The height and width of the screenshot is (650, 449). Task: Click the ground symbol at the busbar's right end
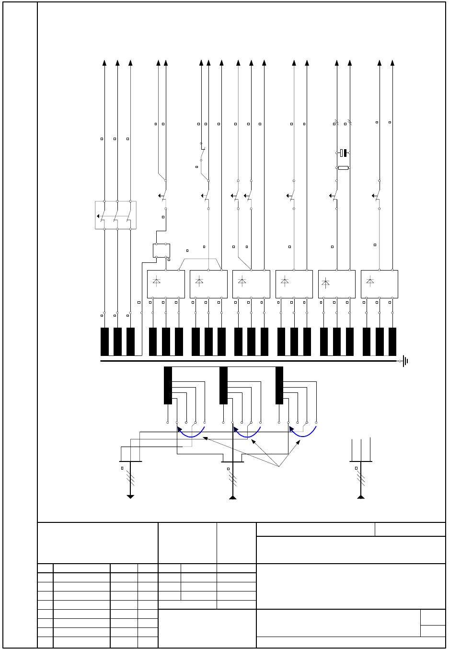click(x=405, y=361)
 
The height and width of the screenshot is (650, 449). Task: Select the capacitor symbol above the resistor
click(x=343, y=153)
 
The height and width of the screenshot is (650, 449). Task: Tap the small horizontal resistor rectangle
click(x=343, y=168)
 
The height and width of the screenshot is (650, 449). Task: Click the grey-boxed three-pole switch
click(x=115, y=215)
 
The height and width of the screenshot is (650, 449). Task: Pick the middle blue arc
click(x=247, y=433)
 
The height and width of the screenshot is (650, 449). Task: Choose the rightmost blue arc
click(x=303, y=433)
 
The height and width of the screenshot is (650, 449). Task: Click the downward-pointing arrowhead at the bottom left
click(x=130, y=496)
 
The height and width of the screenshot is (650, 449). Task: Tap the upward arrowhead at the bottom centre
click(x=233, y=497)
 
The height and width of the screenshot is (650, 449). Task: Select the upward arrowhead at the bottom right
click(x=361, y=497)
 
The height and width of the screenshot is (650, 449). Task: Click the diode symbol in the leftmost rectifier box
click(x=157, y=282)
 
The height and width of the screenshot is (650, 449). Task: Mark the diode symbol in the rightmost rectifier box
click(x=370, y=282)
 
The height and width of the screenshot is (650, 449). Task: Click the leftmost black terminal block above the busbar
click(x=104, y=342)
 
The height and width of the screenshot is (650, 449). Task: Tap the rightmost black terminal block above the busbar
click(x=392, y=342)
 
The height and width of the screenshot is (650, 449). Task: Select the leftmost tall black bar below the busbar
click(x=168, y=385)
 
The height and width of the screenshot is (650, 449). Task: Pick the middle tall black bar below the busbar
click(x=223, y=385)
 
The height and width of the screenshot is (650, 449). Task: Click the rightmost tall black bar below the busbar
click(x=279, y=385)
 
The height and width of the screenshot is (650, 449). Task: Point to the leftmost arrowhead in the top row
click(x=104, y=63)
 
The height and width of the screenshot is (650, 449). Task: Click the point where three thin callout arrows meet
click(x=279, y=467)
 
